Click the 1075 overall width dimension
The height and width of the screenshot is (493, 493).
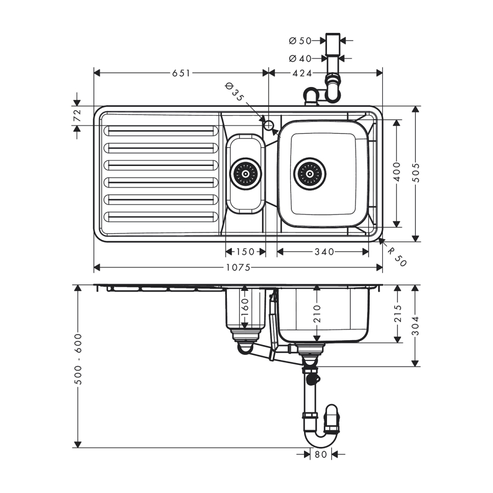click(x=238, y=267)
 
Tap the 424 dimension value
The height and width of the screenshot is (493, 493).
click(x=298, y=73)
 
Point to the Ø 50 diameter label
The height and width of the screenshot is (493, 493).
click(x=300, y=41)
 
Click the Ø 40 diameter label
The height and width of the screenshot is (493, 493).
click(x=300, y=58)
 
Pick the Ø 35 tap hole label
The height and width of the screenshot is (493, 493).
click(x=234, y=91)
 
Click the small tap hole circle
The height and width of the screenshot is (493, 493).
click(x=269, y=125)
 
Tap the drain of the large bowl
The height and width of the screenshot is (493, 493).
click(x=309, y=174)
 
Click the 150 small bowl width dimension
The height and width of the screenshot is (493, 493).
click(x=245, y=251)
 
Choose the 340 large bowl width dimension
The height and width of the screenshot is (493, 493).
click(x=323, y=251)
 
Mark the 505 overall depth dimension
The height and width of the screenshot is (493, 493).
click(x=416, y=173)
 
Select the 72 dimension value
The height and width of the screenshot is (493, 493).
click(x=77, y=116)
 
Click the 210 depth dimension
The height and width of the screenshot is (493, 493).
click(x=317, y=312)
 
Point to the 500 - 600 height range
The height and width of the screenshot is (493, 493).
click(x=78, y=359)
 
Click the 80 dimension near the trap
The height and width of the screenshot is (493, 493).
click(x=320, y=454)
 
